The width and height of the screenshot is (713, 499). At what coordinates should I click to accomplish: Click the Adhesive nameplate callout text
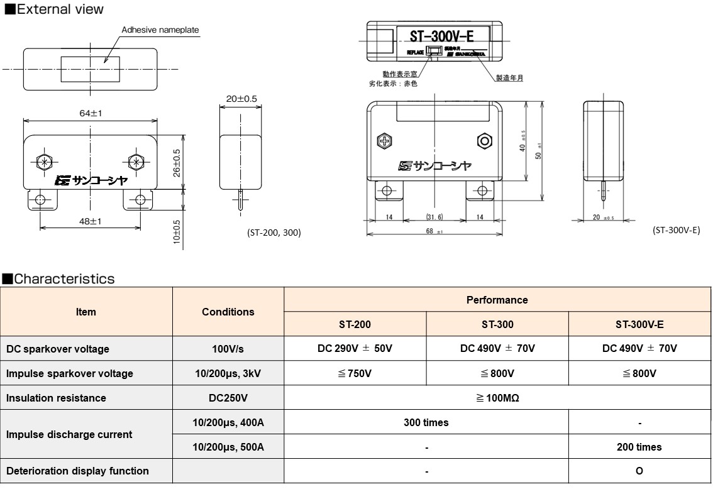pos(160,30)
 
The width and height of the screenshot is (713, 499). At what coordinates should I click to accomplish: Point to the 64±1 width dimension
pos(91,113)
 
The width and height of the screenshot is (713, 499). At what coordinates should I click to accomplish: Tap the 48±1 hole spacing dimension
pos(91,222)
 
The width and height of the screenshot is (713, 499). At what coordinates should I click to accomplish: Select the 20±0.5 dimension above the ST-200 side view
pos(241,99)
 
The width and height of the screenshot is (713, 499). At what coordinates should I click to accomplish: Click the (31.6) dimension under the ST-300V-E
pos(434,217)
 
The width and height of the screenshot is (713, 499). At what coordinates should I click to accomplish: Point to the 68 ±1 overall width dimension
pos(434,231)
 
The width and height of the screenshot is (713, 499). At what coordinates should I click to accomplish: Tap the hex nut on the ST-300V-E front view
pos(484,141)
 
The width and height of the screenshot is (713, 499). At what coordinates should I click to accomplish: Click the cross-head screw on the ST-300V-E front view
pos(384,141)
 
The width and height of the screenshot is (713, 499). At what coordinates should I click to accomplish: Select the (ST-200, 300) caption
pos(274,233)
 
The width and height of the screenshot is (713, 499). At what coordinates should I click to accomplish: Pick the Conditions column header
pos(228,312)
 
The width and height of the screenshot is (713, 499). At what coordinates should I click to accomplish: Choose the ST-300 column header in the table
pos(497,324)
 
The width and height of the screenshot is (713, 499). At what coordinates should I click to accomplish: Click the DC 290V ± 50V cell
pos(355,348)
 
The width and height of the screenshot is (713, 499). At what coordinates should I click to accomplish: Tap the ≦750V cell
pos(355,373)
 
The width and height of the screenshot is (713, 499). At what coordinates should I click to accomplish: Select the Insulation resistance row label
pos(56,398)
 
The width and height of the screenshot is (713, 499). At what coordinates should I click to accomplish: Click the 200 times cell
pos(639,447)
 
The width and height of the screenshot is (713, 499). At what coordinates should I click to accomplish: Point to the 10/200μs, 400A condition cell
pos(228,422)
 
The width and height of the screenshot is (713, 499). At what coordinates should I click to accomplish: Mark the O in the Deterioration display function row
pos(639,471)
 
